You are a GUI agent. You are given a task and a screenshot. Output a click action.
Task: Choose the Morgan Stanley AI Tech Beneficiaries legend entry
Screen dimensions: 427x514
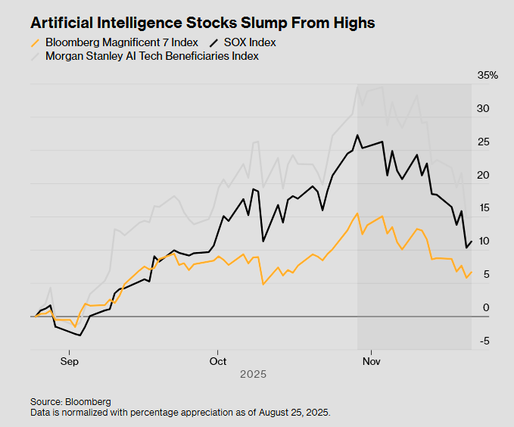click(151, 56)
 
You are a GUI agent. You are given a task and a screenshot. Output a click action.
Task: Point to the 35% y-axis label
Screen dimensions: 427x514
click(488, 76)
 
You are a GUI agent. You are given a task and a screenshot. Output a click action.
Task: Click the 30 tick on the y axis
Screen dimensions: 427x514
click(482, 109)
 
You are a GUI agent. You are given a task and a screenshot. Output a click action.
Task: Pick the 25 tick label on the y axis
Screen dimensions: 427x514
click(482, 142)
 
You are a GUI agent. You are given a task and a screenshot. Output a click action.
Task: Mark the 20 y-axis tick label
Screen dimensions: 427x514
click(482, 176)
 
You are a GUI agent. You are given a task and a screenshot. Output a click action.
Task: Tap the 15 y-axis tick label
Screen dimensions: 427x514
click(482, 208)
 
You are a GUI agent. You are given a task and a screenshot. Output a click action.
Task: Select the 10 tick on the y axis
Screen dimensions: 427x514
click(482, 242)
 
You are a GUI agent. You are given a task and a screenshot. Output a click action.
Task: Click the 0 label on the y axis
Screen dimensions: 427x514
click(485, 308)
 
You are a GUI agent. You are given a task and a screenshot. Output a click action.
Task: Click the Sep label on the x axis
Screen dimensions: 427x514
click(69, 361)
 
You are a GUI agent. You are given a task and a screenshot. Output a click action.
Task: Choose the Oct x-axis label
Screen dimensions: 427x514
click(218, 361)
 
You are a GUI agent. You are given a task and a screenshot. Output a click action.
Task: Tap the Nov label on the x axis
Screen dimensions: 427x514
click(371, 361)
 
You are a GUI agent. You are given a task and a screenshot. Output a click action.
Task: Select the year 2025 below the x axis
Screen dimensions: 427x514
click(253, 375)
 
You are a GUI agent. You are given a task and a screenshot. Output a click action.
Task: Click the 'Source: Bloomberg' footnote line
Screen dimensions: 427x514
click(70, 401)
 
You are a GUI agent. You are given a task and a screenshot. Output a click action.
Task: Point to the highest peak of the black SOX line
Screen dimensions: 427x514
click(357, 136)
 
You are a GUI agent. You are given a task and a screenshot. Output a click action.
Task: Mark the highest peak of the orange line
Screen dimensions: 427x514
click(357, 213)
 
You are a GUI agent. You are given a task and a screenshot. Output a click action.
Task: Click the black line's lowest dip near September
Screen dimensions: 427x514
click(79, 335)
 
